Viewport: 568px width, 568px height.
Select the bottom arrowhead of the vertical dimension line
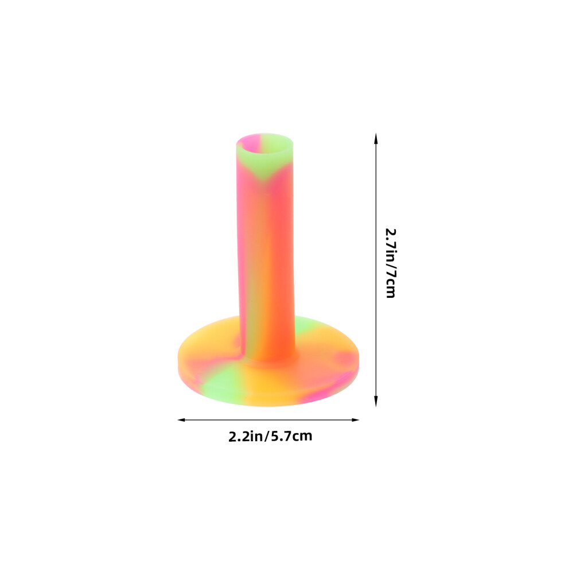pyautogui.click(x=376, y=400)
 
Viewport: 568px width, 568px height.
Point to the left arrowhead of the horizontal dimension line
pyautogui.click(x=182, y=420)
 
